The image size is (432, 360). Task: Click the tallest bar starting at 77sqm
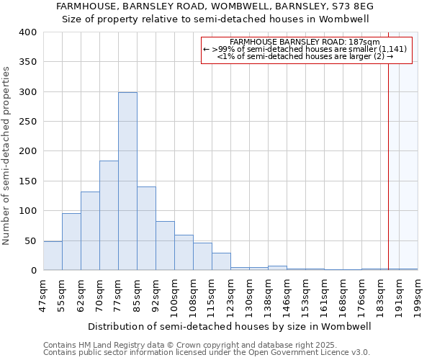(127, 181)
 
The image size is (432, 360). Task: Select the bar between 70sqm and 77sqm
(109, 215)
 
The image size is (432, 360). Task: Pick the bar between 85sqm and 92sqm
(146, 228)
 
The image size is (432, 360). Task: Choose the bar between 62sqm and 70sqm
(90, 231)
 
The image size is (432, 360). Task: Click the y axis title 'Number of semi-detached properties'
(7, 156)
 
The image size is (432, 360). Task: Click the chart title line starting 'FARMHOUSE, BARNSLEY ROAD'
(215, 6)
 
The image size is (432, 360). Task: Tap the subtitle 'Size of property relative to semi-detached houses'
(215, 19)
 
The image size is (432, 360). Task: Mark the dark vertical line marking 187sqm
(388, 158)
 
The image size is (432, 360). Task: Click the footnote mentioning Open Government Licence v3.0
(207, 353)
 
